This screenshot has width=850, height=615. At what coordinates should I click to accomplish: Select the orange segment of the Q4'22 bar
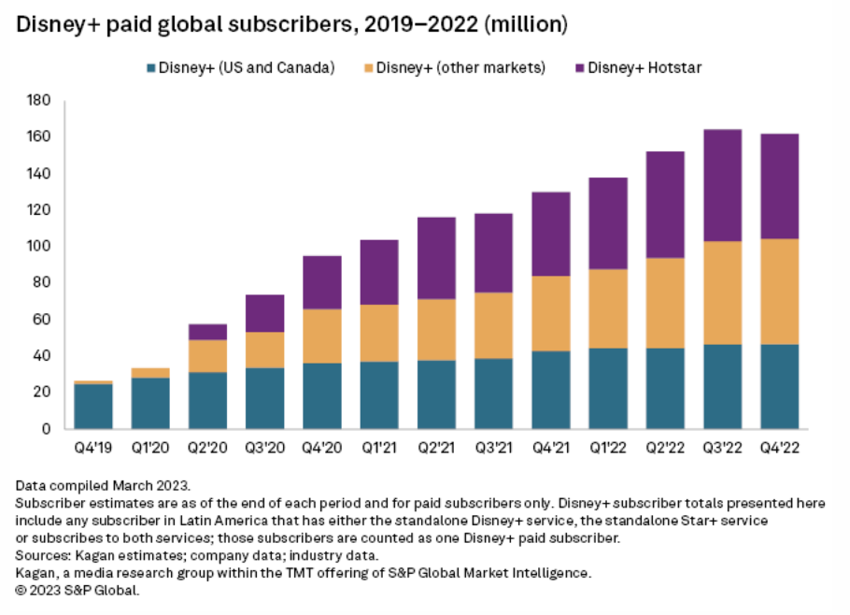[779, 292]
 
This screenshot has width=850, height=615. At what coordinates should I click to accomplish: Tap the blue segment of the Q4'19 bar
[93, 406]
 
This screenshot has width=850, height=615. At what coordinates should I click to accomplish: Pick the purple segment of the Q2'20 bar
[207, 332]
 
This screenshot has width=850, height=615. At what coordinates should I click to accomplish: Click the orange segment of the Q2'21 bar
[436, 330]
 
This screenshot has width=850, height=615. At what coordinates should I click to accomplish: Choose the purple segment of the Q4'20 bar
[321, 282]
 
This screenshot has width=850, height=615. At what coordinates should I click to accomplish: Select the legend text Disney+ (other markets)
[460, 68]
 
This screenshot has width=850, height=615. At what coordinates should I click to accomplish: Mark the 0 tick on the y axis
[45, 429]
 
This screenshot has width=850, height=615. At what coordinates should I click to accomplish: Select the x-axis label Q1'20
[150, 448]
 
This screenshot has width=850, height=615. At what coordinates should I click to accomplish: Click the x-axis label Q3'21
[493, 448]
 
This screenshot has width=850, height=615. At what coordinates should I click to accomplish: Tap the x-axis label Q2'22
[665, 448]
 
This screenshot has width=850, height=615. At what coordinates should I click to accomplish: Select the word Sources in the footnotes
[42, 555]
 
